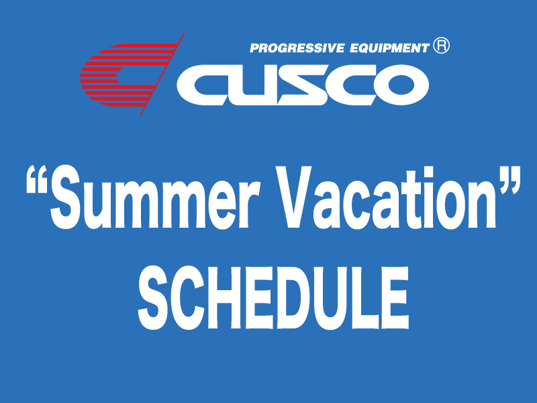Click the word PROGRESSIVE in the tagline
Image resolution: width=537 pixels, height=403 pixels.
297,48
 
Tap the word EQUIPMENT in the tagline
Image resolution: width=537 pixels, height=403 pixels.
389,48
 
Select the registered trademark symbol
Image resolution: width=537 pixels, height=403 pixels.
441,46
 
